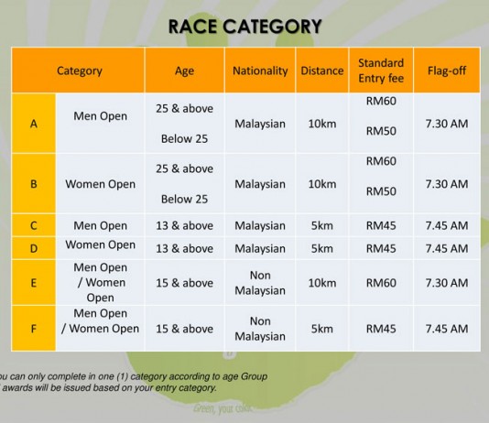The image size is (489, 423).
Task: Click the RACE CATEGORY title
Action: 244,27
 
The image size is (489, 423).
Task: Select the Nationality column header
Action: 260,71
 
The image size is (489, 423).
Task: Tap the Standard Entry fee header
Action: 381,70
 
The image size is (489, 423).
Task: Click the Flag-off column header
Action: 447,70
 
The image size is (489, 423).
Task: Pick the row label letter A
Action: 34,124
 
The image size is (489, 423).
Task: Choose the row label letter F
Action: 34,329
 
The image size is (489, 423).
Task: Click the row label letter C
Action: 34,225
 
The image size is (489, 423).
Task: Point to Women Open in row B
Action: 101,184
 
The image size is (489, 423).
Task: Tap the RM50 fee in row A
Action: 381,131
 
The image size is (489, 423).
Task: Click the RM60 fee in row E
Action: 381,283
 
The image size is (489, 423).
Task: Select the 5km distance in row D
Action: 321,248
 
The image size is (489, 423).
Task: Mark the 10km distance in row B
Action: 322,184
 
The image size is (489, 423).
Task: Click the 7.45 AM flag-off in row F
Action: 447,329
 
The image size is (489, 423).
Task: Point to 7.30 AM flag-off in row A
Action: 447,124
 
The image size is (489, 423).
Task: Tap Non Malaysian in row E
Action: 260,283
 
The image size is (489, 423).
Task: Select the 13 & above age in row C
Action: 185,225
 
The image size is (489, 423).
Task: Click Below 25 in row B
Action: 184,200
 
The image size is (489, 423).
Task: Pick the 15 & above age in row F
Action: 185,329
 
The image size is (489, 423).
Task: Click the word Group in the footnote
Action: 255,376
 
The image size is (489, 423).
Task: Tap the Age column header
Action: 184,71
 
